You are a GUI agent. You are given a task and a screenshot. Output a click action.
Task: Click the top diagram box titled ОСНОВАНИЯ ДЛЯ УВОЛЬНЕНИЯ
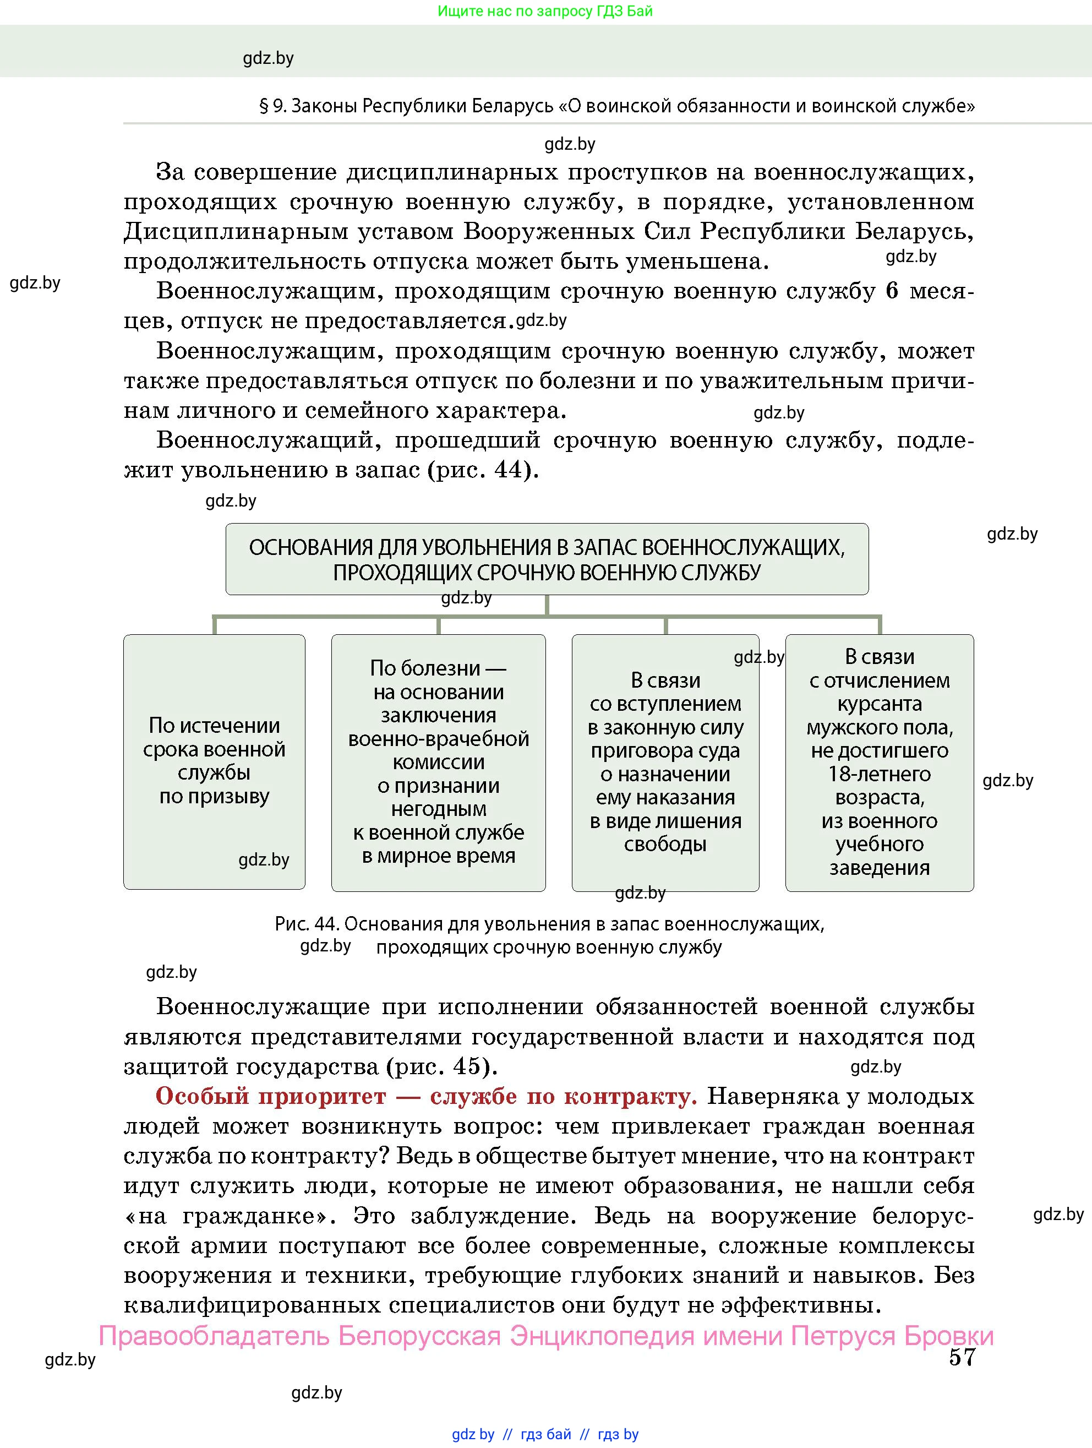(547, 559)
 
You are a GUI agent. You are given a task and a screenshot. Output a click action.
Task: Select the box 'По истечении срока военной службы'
(214, 761)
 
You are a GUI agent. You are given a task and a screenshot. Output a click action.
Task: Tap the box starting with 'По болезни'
(438, 762)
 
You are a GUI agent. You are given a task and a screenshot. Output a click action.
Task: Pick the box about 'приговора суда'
(665, 762)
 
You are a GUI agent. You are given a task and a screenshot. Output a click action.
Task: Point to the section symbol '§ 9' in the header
(273, 106)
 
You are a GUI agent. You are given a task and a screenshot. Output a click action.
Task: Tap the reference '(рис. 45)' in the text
(441, 1066)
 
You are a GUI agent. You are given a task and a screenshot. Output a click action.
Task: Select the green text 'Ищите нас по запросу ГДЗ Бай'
(544, 11)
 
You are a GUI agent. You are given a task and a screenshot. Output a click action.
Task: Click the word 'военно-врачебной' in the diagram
(438, 738)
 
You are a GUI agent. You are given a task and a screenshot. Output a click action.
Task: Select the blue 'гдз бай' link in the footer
(545, 1434)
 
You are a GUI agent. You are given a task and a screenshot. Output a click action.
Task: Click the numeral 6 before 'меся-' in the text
(891, 291)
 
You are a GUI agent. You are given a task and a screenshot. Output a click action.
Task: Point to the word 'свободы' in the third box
(665, 844)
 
